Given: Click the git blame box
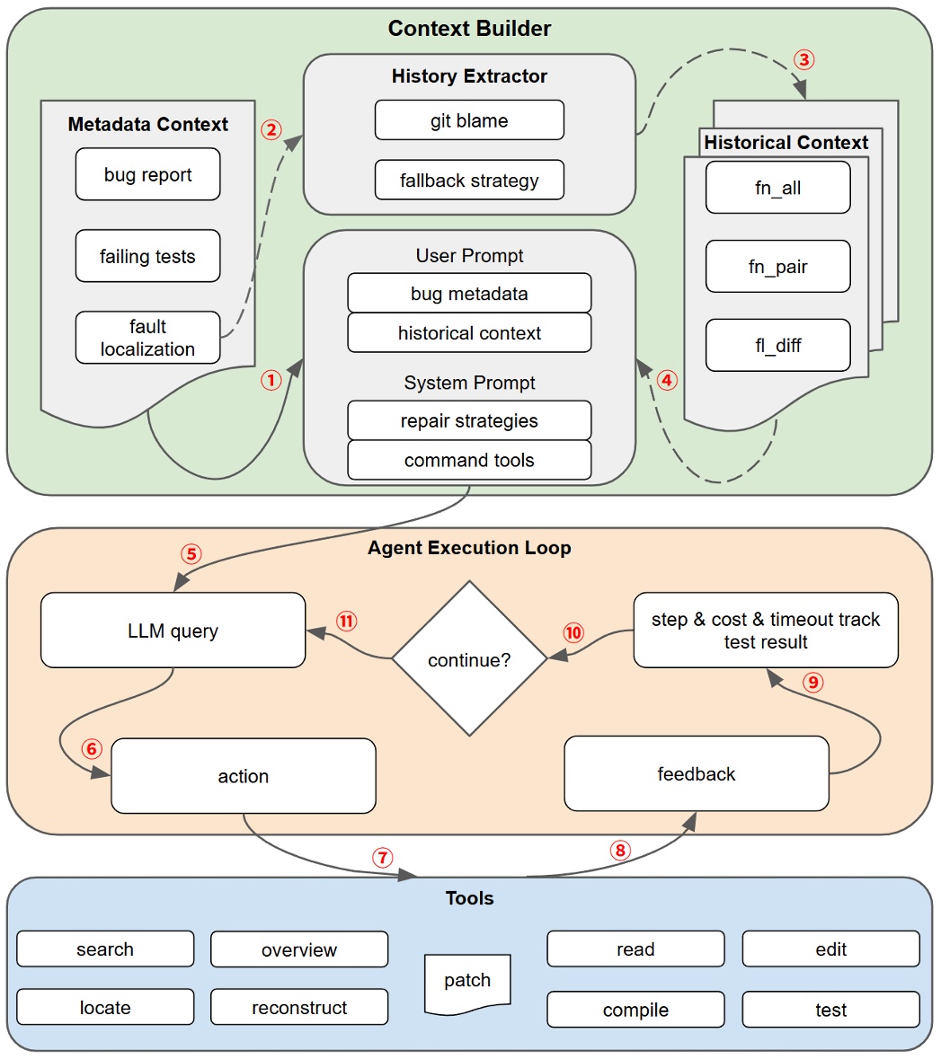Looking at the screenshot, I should pyautogui.click(x=469, y=120).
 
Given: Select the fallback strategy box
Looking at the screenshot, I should pyautogui.click(x=469, y=180).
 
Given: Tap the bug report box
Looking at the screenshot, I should pyautogui.click(x=147, y=174).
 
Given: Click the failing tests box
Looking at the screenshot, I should pyautogui.click(x=147, y=256).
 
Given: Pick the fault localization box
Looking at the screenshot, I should pyautogui.click(x=147, y=338).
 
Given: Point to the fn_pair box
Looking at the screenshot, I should pyautogui.click(x=777, y=266).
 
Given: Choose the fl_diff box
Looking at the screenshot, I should pyautogui.click(x=777, y=345).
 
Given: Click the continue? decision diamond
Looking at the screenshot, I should pyautogui.click(x=469, y=659).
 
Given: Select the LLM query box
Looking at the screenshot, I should pyautogui.click(x=173, y=631).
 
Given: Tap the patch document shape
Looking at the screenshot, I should pyautogui.click(x=467, y=982).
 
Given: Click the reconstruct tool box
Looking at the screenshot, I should pyautogui.click(x=299, y=1007).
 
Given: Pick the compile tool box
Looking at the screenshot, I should pyautogui.click(x=635, y=1010).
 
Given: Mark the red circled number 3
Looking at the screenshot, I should pyautogui.click(x=803, y=60).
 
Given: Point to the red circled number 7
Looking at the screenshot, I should pyautogui.click(x=383, y=857).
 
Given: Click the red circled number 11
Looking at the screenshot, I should pyautogui.click(x=346, y=622).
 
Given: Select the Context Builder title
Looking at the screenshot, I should pyautogui.click(x=469, y=29).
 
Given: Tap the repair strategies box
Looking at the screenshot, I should pyautogui.click(x=469, y=420).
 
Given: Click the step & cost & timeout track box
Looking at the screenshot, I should pyautogui.click(x=766, y=630).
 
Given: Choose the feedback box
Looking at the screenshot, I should pyautogui.click(x=696, y=773).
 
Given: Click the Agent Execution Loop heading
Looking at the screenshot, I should pyautogui.click(x=469, y=548).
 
